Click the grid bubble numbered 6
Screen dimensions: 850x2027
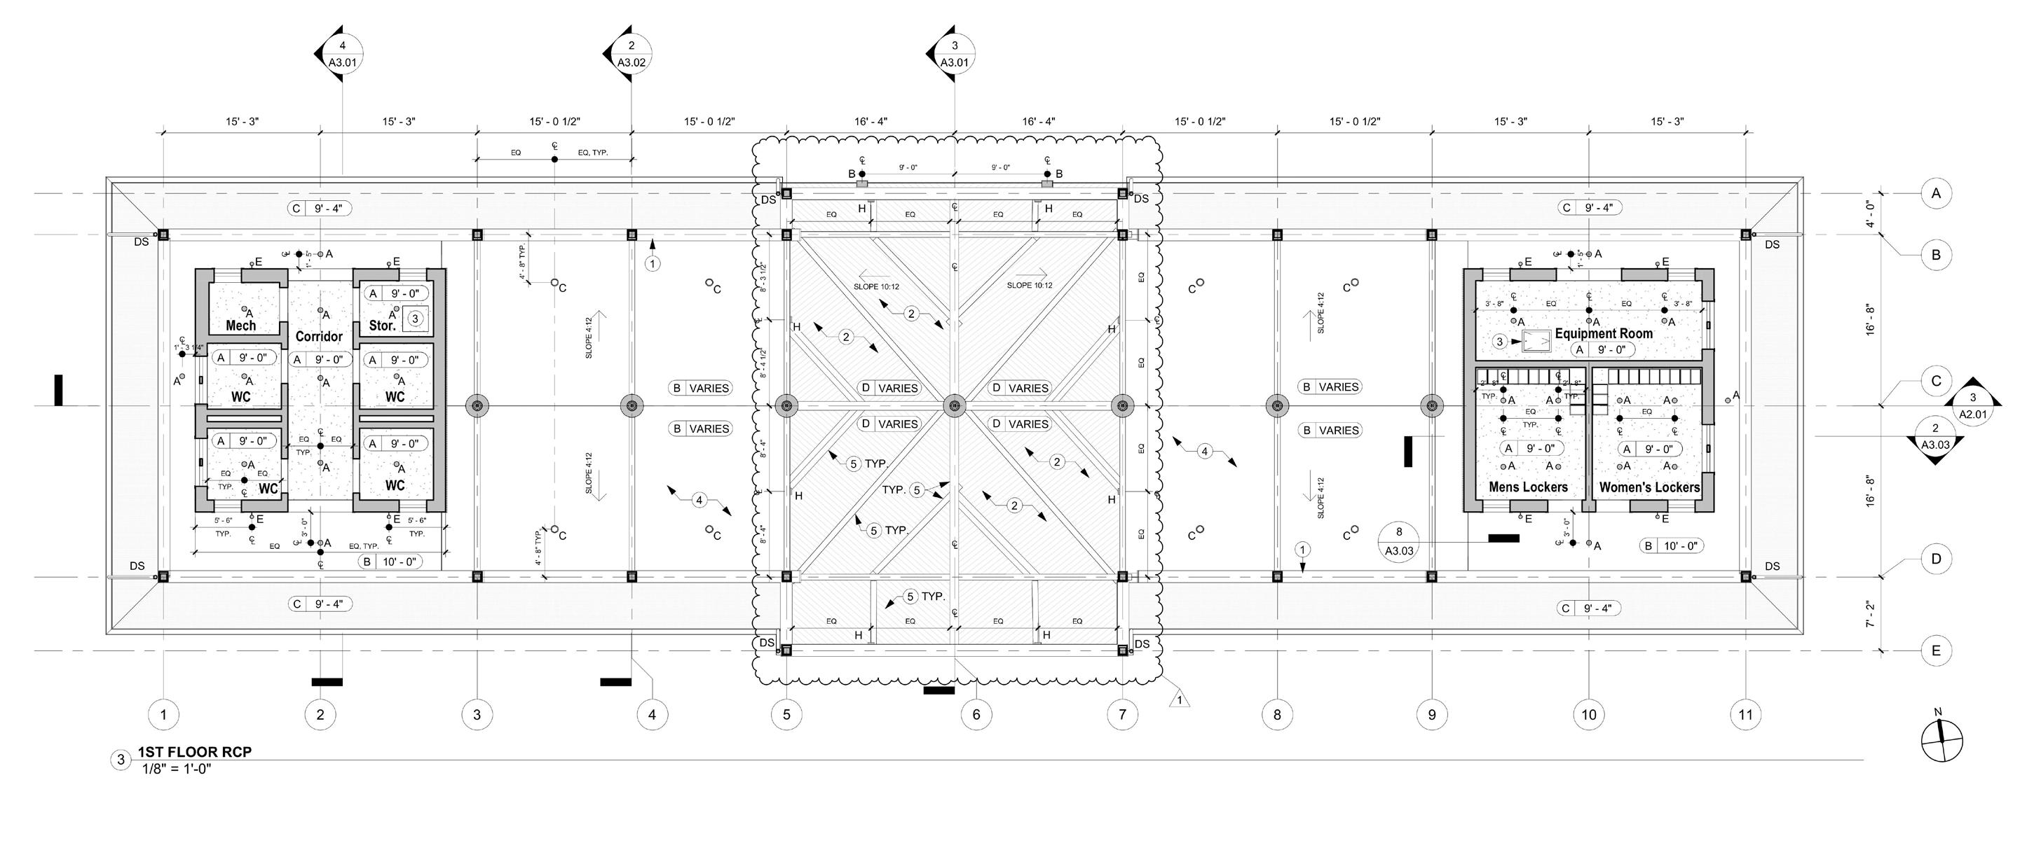pyautogui.click(x=976, y=715)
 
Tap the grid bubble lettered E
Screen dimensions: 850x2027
pyautogui.click(x=1937, y=651)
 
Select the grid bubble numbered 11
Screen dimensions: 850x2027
pyautogui.click(x=1746, y=715)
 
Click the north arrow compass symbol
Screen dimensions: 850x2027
pyautogui.click(x=1942, y=741)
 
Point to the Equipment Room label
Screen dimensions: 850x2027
pyautogui.click(x=1604, y=333)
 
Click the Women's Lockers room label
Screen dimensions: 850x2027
pyautogui.click(x=1649, y=487)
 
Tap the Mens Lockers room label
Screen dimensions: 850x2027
pyautogui.click(x=1528, y=487)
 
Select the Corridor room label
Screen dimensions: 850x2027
pyautogui.click(x=319, y=337)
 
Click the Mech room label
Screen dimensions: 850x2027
pyautogui.click(x=241, y=326)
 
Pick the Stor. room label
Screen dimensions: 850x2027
pyautogui.click(x=383, y=326)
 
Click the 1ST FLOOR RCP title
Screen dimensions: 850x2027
pyautogui.click(x=194, y=752)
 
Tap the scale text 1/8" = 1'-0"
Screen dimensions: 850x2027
pyautogui.click(x=177, y=768)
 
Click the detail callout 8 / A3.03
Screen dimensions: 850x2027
pyautogui.click(x=1399, y=542)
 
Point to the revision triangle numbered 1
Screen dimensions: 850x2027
pyautogui.click(x=1179, y=699)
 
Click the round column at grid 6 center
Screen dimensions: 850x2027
pyautogui.click(x=955, y=407)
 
